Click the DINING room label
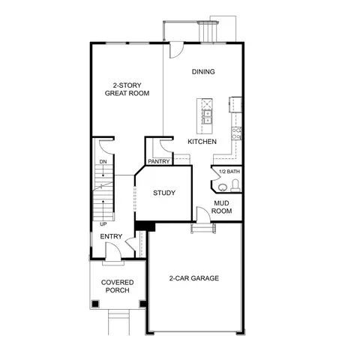click(x=203, y=72)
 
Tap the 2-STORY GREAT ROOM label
click(x=127, y=89)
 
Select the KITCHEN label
click(x=202, y=141)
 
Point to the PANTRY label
click(x=158, y=160)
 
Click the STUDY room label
click(x=164, y=193)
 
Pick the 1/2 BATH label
click(x=229, y=172)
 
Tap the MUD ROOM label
click(x=223, y=207)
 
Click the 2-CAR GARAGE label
click(x=193, y=278)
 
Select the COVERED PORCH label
click(x=116, y=286)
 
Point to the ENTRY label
click(x=111, y=237)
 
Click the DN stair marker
click(x=102, y=163)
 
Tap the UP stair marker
click(x=102, y=223)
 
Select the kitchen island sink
click(x=205, y=114)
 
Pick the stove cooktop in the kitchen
click(x=236, y=133)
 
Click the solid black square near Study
click(x=144, y=226)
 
